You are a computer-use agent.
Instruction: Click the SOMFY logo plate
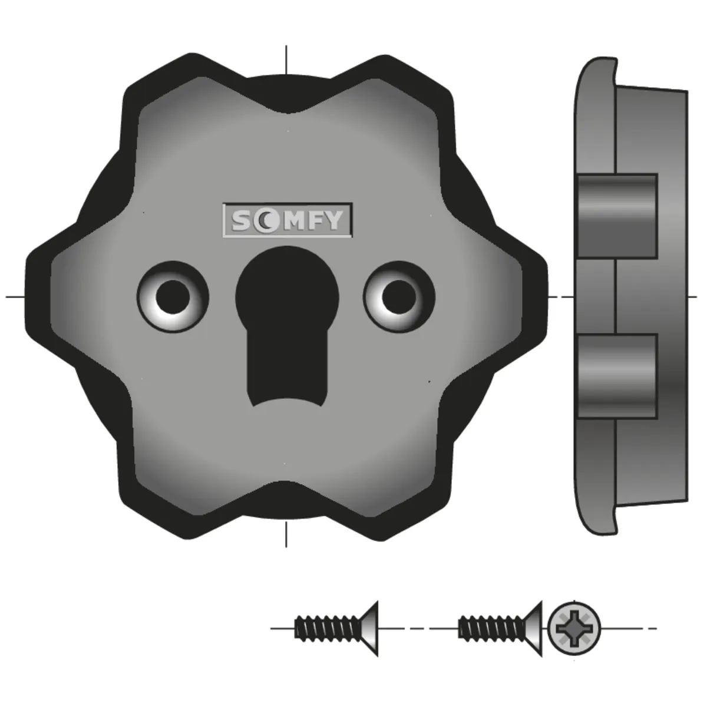288,219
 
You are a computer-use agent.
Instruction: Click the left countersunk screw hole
173,296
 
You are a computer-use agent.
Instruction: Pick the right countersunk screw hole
399,296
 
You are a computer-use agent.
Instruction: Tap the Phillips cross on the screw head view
574,629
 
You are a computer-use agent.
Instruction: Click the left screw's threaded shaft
328,629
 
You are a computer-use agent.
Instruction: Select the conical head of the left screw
369,629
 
